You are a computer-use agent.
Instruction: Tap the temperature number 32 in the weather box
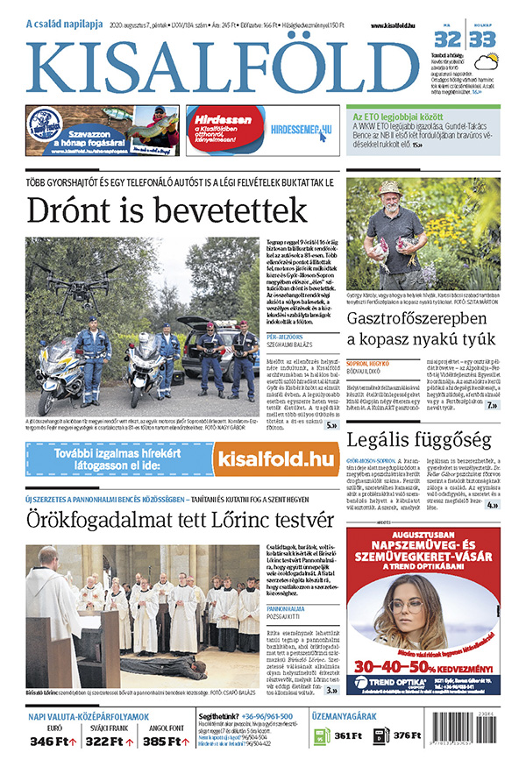448,39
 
